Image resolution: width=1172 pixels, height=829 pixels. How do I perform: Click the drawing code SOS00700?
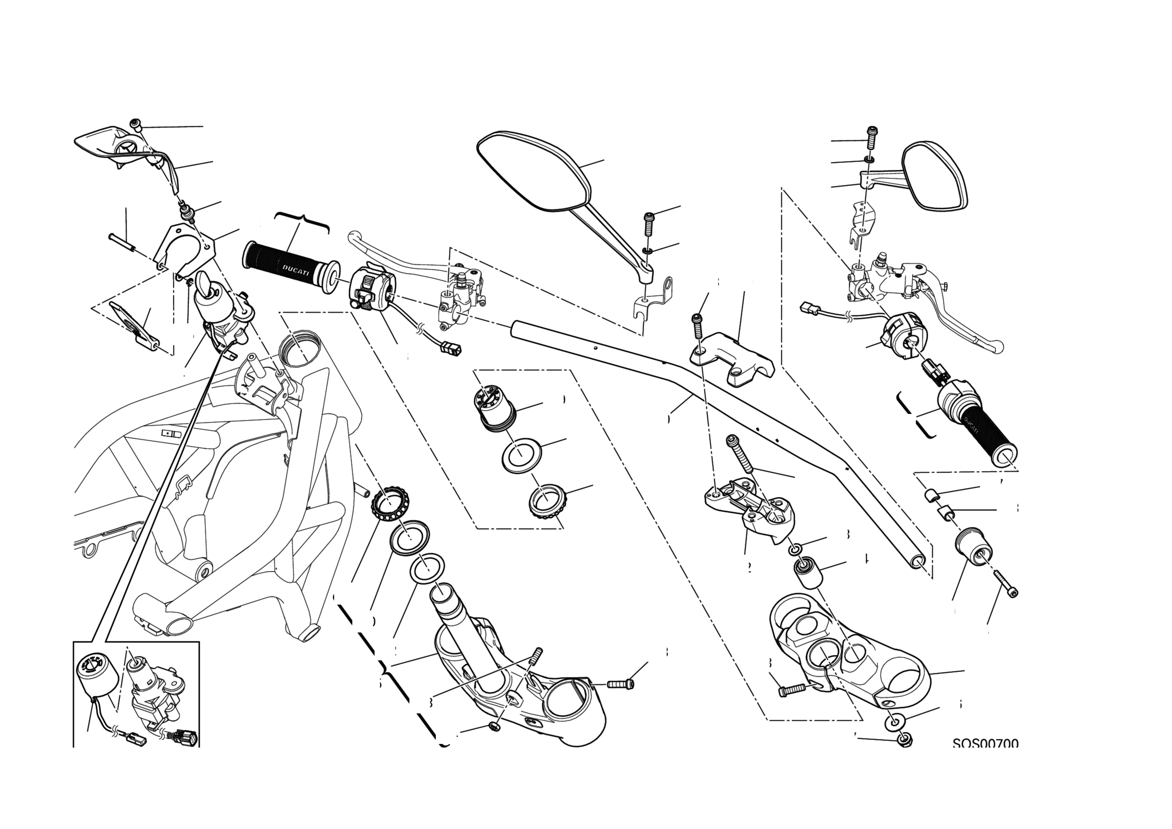(x=985, y=744)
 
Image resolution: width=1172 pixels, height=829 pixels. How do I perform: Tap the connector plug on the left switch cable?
(x=451, y=349)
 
